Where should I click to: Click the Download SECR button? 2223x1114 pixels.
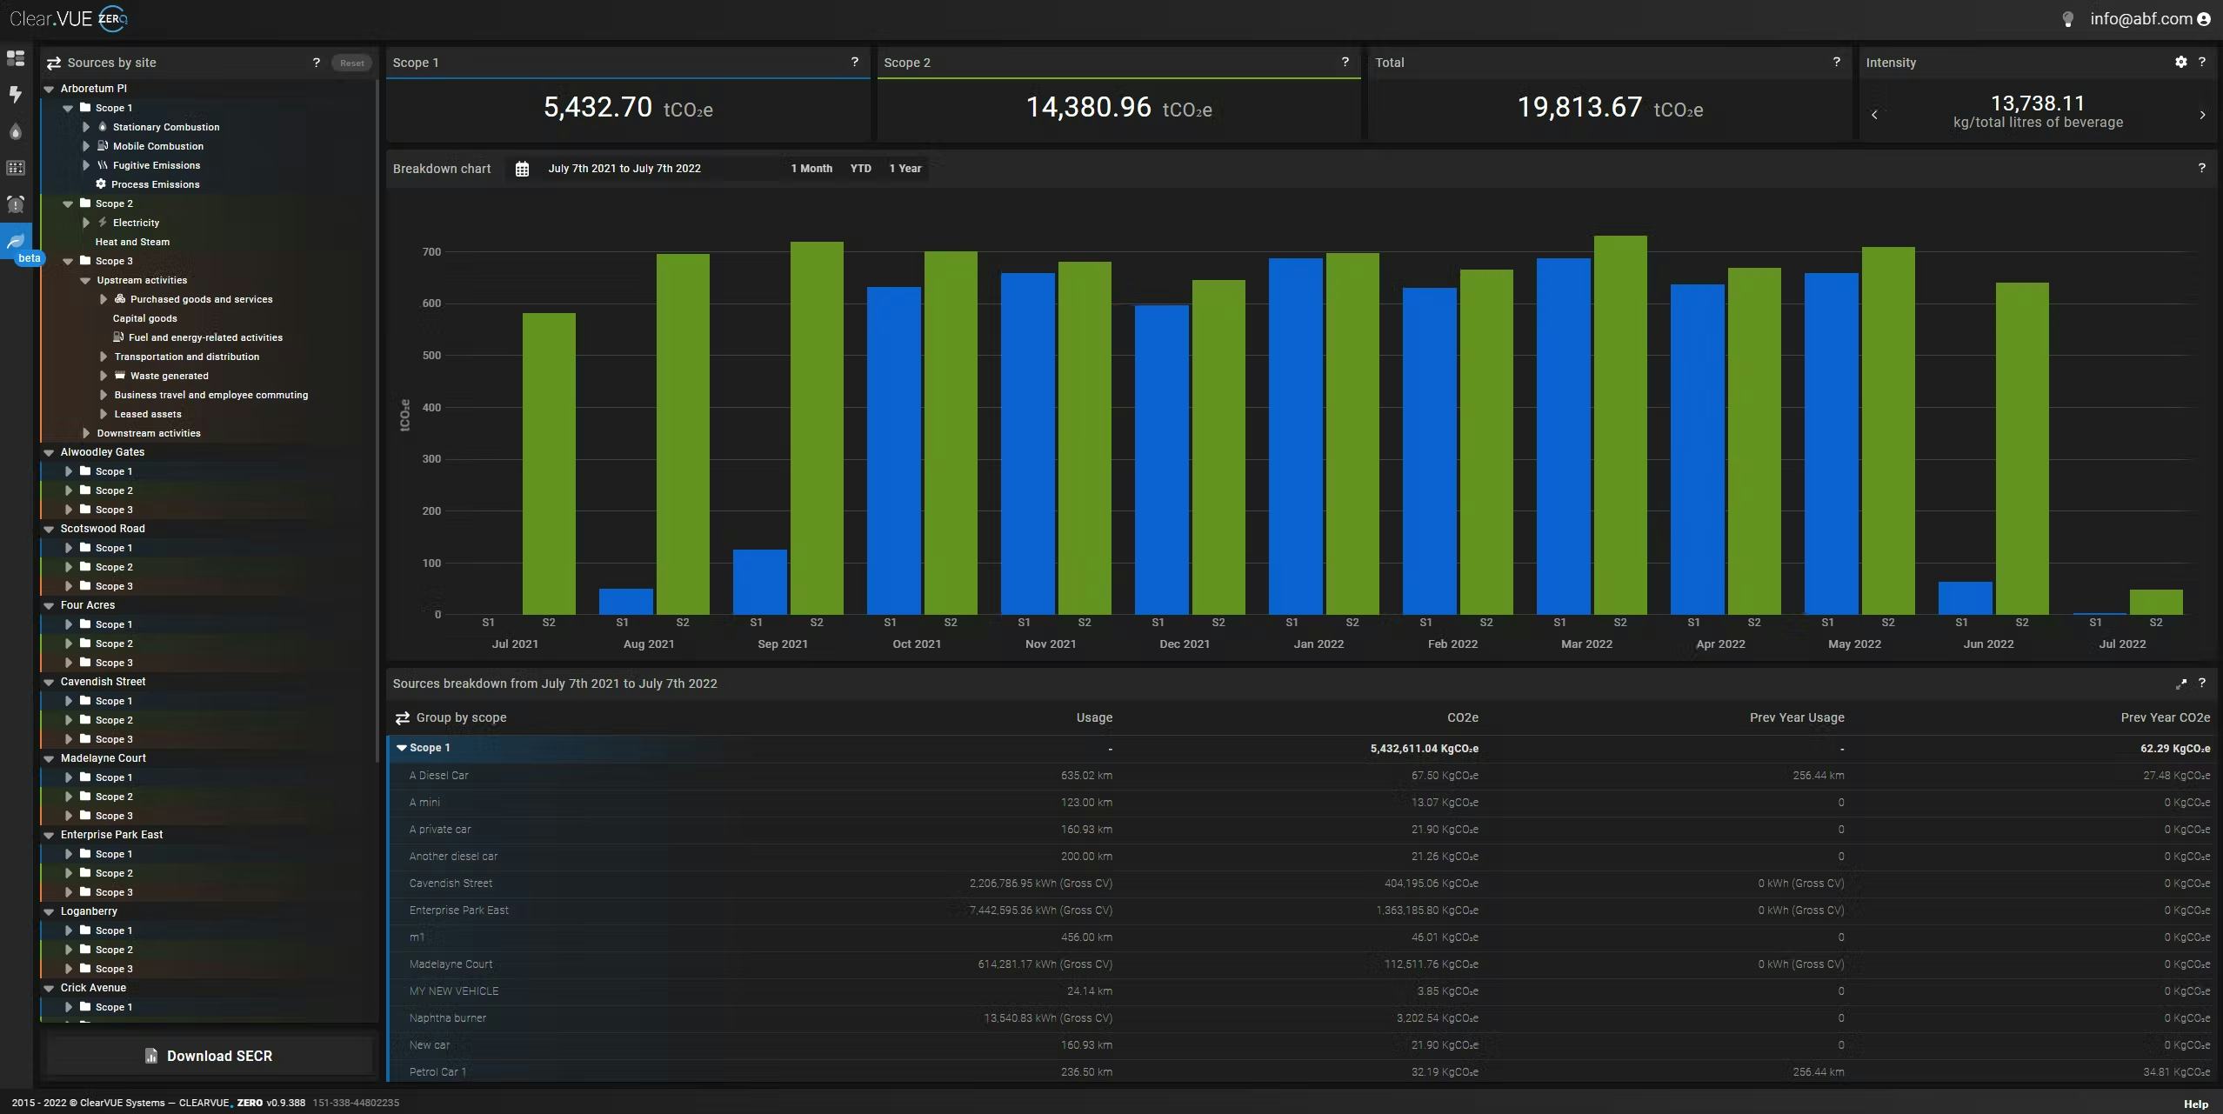tap(210, 1056)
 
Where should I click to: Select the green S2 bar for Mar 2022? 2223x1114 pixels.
tap(1619, 426)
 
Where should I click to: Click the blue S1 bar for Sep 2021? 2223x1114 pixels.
tap(759, 582)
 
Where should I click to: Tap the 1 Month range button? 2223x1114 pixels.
tap(811, 169)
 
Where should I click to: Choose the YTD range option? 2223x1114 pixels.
tap(860, 169)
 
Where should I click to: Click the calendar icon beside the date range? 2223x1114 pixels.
tap(522, 169)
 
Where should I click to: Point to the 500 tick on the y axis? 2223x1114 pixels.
tap(431, 356)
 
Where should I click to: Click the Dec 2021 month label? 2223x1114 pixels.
tap(1184, 644)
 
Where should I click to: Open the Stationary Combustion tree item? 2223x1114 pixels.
tap(165, 127)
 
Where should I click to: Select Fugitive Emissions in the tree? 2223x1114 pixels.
tap(156, 165)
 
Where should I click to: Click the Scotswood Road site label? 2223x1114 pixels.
tap(103, 529)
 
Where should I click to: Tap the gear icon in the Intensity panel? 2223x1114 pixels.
tap(2180, 63)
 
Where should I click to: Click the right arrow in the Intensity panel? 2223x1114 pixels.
tap(2202, 115)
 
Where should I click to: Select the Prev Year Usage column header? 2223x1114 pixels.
tap(1796, 717)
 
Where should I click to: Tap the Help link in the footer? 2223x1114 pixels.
tap(2195, 1104)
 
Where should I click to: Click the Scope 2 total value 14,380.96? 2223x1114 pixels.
tap(1088, 108)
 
